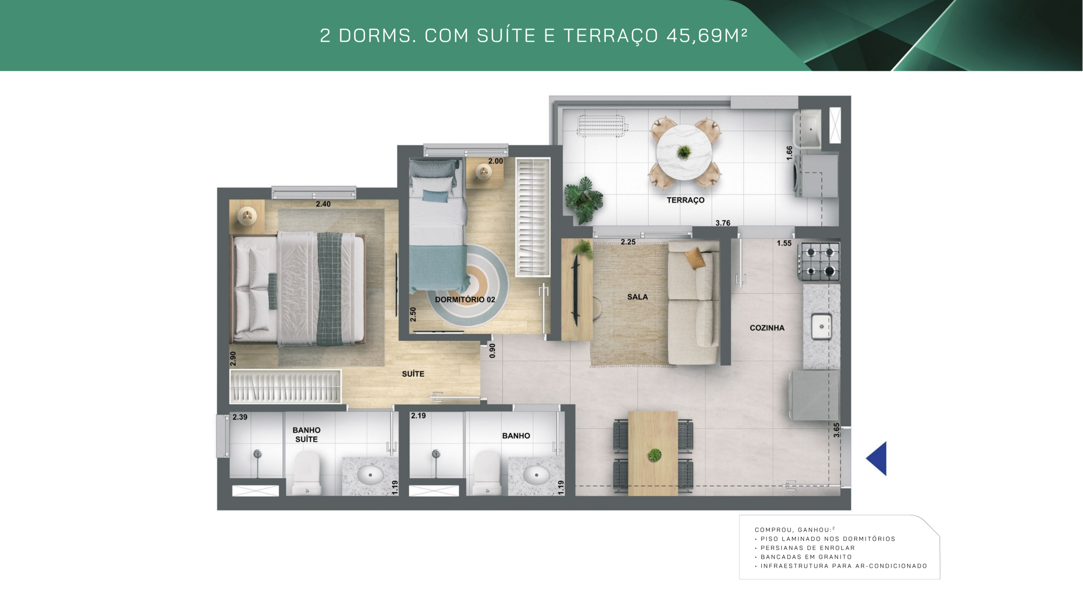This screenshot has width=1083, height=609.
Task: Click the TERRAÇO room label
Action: tap(685, 200)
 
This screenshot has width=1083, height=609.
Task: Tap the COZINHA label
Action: tap(767, 328)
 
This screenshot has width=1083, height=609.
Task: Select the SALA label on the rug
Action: tap(638, 297)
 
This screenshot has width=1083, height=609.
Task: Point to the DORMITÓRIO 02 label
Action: tap(465, 299)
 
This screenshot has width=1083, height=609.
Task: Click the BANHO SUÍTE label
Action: tap(306, 435)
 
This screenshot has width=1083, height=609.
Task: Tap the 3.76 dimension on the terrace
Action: tap(723, 223)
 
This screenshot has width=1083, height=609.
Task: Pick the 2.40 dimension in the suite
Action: tap(323, 204)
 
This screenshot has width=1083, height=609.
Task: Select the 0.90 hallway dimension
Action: tap(492, 351)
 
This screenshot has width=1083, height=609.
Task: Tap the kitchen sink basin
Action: tap(822, 326)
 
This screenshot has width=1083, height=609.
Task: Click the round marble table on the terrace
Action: tap(684, 152)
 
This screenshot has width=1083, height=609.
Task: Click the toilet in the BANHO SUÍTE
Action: tap(307, 472)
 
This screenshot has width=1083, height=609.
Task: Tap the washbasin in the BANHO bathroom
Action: tap(536, 475)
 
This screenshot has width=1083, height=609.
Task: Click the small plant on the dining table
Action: tap(654, 455)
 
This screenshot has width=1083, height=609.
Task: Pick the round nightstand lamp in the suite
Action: tap(247, 217)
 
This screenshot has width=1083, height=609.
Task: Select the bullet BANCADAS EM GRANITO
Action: tap(806, 557)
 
